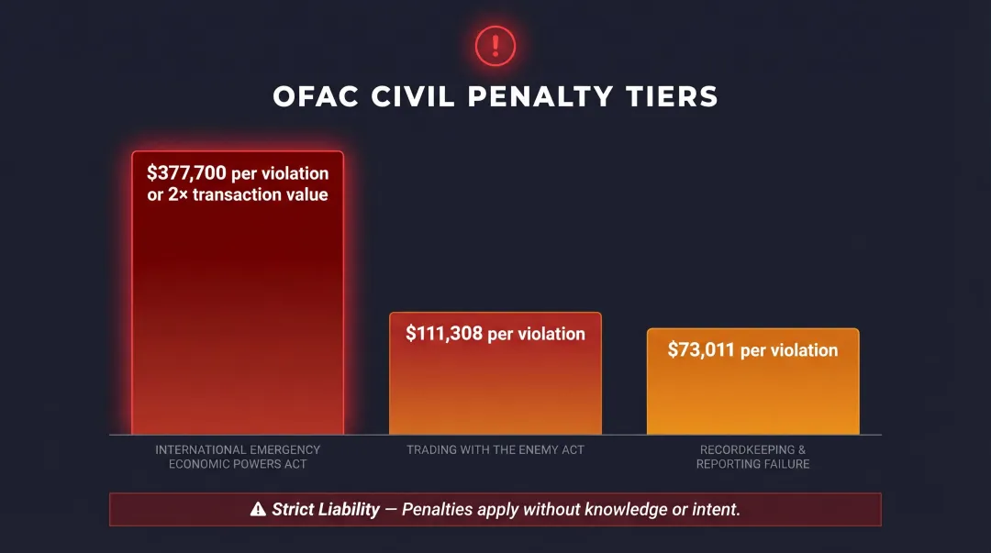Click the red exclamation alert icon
(x=495, y=45)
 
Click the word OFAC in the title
(x=317, y=96)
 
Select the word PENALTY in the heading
(x=540, y=96)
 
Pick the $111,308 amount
(x=444, y=334)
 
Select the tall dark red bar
(x=238, y=312)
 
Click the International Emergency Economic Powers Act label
(x=238, y=457)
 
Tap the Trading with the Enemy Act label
(x=495, y=450)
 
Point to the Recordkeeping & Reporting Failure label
(x=752, y=457)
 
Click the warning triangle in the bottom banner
(x=258, y=509)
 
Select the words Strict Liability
(x=326, y=509)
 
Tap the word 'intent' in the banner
(x=715, y=509)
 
